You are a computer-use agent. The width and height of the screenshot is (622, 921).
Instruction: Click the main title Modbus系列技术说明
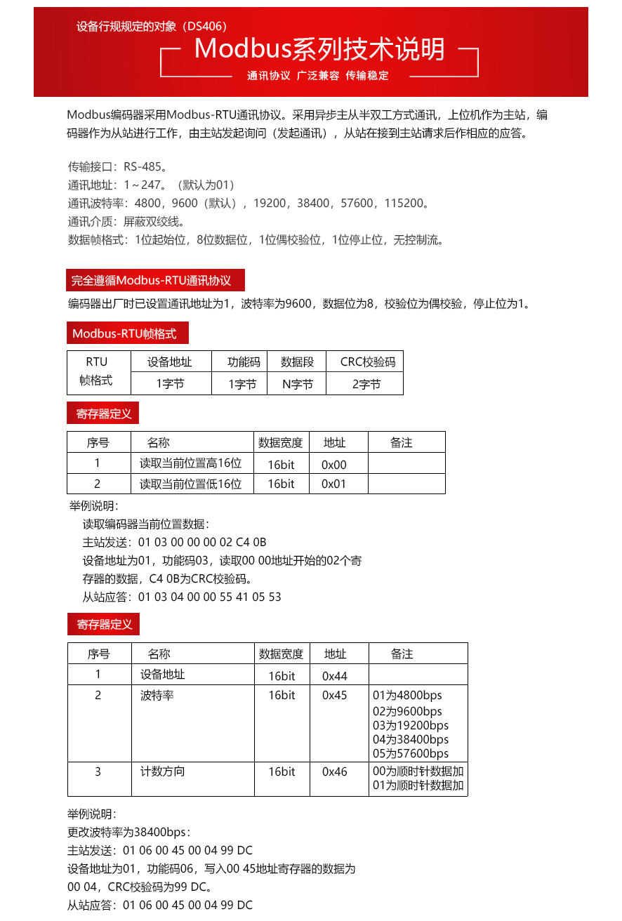coord(319,49)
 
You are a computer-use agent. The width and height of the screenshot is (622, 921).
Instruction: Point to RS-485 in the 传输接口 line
coord(143,167)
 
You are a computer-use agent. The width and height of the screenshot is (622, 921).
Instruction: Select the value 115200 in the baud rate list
coord(404,204)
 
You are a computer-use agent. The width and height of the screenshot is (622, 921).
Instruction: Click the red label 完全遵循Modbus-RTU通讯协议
coord(151,281)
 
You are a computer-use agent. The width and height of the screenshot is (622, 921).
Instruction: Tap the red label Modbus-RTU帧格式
coord(124,333)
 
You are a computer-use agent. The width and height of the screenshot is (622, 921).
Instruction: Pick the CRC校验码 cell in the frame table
coord(368,362)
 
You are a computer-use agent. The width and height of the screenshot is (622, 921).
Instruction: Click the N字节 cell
coord(297,384)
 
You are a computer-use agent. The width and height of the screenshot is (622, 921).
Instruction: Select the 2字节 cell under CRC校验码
coord(366,384)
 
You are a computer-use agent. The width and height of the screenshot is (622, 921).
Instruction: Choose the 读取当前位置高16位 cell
coord(190,463)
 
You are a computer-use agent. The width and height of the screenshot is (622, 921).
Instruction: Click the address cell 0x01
coord(334,484)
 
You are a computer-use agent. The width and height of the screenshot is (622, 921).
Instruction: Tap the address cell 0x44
coord(335,676)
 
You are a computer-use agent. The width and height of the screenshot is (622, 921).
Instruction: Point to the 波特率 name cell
coord(157,696)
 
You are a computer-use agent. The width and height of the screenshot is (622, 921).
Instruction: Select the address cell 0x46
coord(335,771)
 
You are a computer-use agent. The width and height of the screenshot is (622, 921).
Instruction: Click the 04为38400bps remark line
coord(411,739)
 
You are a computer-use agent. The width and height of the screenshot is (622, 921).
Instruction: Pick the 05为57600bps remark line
coord(411,753)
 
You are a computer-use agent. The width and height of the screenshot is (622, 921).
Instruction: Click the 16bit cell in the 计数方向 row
coord(282,771)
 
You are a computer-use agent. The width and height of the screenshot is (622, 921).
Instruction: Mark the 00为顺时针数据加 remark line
coord(418,771)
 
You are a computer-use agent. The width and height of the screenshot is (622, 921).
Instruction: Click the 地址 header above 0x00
coord(335,443)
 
